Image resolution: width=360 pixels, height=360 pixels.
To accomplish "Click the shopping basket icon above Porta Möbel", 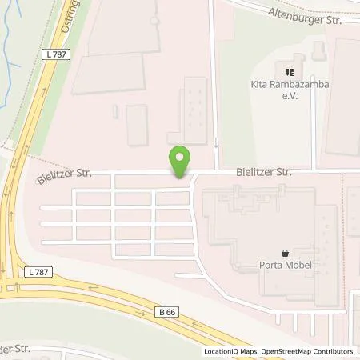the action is click(x=286, y=253).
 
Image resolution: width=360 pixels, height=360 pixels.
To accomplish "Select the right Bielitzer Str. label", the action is click(x=262, y=171).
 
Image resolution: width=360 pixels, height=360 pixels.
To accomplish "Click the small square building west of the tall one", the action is click(x=137, y=124).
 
